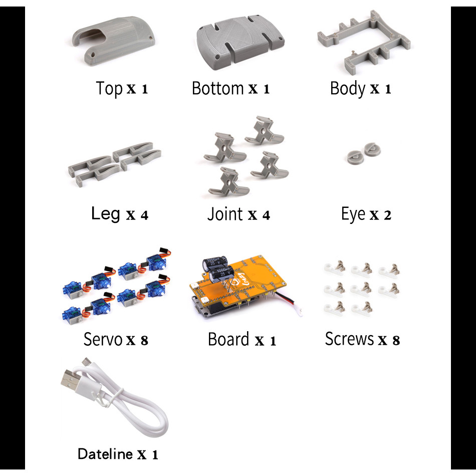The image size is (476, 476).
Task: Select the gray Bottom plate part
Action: coord(240,43)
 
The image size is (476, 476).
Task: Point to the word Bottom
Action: coord(217,88)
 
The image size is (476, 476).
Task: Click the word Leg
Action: coord(105,214)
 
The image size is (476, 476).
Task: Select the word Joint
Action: coord(225,214)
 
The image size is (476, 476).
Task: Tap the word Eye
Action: coord(353,214)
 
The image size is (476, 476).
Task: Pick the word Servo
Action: coord(103,339)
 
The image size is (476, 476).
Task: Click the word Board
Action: coord(228,339)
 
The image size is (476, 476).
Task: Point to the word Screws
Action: coord(349,339)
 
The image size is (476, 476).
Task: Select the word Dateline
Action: coord(105,454)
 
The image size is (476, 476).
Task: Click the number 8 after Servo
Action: coord(144,341)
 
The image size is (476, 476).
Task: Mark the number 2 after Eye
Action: coord(387,215)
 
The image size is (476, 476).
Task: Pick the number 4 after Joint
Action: coord(266,215)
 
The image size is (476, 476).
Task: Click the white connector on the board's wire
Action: coord(299,312)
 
